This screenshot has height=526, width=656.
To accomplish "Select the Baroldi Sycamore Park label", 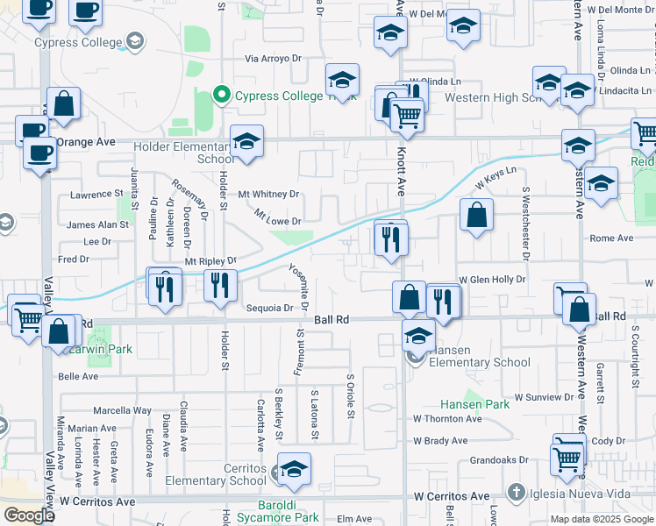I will pyautogui.click(x=277, y=512).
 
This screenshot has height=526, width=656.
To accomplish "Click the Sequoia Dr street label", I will pyautogui.click(x=268, y=308).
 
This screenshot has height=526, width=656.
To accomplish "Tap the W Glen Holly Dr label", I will pyautogui.click(x=491, y=279).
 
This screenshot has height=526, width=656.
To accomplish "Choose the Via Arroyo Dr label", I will pyautogui.click(x=273, y=59).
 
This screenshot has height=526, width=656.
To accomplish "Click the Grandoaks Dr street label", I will pyautogui.click(x=499, y=459).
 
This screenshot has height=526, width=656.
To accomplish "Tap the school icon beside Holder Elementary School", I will pyautogui.click(x=247, y=142).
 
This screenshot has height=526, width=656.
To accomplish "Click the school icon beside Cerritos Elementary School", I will pyautogui.click(x=294, y=469).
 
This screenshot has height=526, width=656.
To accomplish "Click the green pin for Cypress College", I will pyautogui.click(x=222, y=96).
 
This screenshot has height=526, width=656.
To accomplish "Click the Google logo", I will pyautogui.click(x=28, y=515).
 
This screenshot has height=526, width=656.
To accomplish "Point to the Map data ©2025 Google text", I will pyautogui.click(x=601, y=519).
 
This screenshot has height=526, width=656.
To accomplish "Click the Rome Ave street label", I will pyautogui.click(x=611, y=238).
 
